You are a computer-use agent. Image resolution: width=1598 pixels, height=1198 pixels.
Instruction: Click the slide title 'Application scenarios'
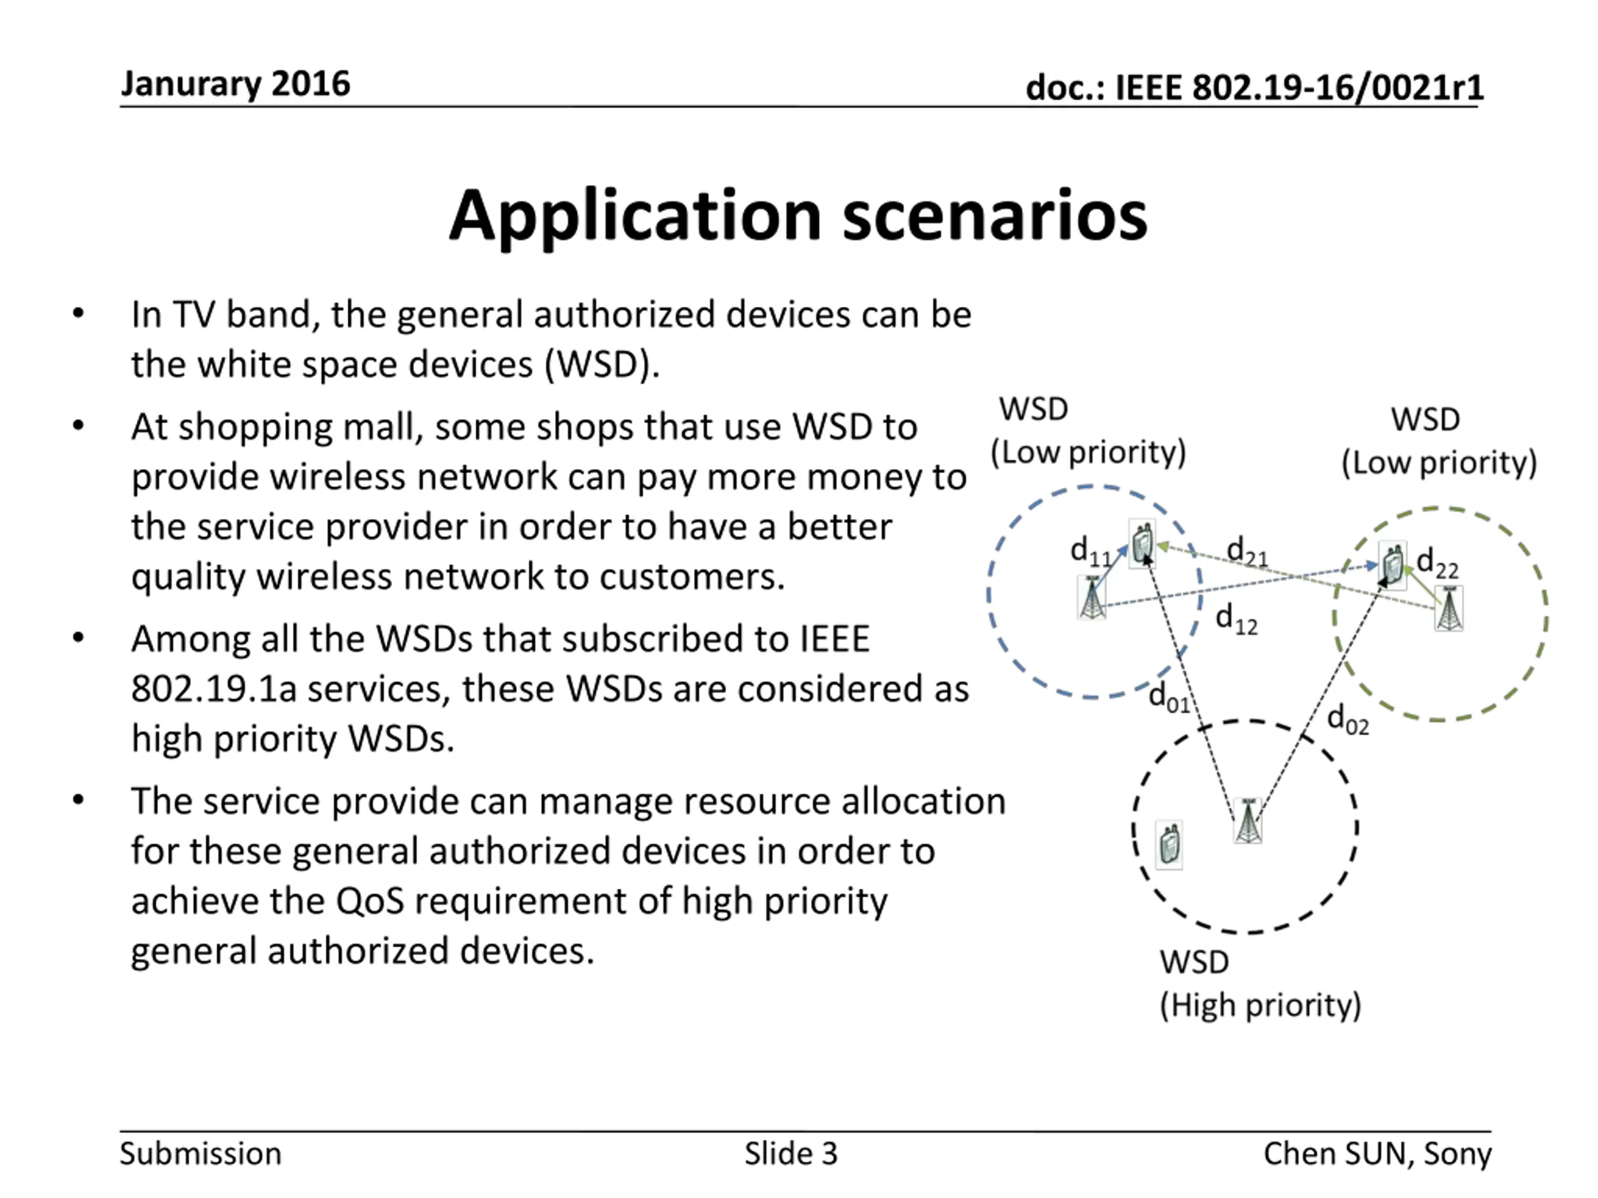(x=798, y=216)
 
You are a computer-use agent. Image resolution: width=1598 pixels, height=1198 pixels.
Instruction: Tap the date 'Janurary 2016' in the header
(x=235, y=84)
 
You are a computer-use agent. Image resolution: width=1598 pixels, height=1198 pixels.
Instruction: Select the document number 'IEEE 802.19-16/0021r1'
(x=1299, y=88)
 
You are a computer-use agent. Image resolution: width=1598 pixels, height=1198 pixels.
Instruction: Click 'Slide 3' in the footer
(x=791, y=1154)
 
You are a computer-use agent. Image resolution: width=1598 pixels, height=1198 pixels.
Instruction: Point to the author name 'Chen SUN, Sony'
(x=1377, y=1154)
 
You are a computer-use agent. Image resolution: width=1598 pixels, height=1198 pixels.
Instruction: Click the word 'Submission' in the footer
(x=200, y=1154)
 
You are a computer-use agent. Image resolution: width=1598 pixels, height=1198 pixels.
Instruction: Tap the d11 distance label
(x=1089, y=552)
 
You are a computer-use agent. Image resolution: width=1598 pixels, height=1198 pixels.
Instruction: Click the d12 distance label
(x=1236, y=620)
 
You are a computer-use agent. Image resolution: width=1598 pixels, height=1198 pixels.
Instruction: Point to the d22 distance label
(x=1437, y=563)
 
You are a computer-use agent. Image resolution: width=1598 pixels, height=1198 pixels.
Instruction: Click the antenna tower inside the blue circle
(x=1092, y=597)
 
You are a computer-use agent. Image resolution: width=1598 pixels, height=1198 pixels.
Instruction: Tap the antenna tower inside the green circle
(x=1448, y=609)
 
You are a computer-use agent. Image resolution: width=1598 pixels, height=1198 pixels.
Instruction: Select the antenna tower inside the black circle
(x=1248, y=821)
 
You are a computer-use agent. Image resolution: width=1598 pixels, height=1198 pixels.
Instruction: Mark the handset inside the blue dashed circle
(x=1142, y=543)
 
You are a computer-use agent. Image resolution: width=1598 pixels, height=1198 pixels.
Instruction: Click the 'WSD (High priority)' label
(x=1259, y=983)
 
